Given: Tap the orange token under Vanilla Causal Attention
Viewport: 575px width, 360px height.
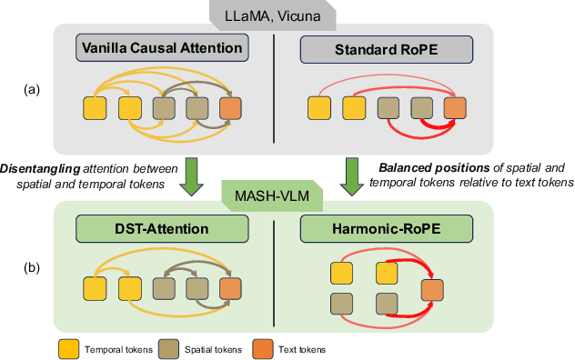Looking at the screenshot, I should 232,109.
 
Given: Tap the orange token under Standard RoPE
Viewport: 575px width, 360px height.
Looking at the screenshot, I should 455,109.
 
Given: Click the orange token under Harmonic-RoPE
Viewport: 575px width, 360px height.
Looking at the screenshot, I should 433,291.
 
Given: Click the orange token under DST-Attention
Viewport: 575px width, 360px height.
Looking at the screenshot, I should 232,290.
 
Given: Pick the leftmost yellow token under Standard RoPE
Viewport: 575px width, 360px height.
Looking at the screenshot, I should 318,109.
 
